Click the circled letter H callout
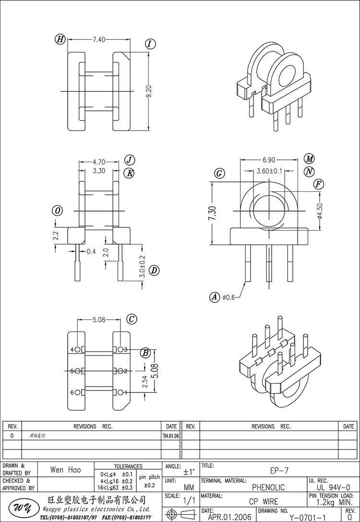coord(60,40)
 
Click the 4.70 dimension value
coord(99,162)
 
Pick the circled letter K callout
coord(129,173)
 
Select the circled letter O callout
coord(58,211)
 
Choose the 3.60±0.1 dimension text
coord(269,171)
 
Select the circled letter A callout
coord(215,297)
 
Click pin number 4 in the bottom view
coord(72,349)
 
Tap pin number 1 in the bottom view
coord(126,392)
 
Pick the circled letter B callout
coord(144,354)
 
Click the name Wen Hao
coord(65,470)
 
